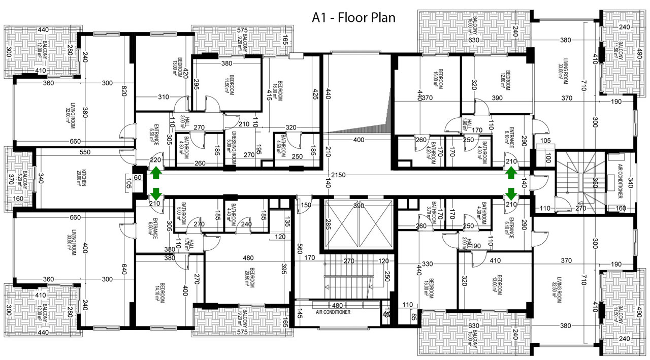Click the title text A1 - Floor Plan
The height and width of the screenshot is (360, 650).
pos(353,18)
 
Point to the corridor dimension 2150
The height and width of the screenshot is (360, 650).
pos(338,175)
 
